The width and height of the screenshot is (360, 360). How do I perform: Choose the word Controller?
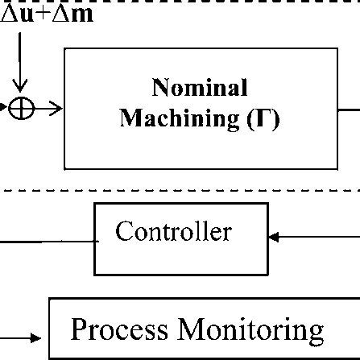coord(174,234)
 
